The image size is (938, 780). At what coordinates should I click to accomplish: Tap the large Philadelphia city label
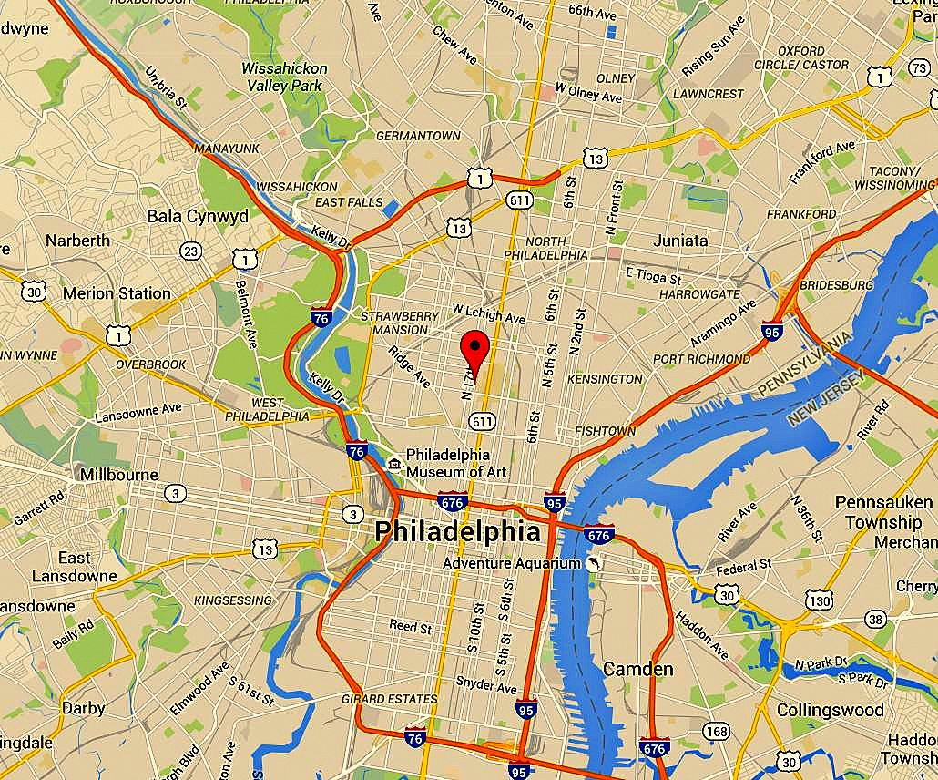(457, 531)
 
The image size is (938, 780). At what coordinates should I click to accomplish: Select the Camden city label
(638, 670)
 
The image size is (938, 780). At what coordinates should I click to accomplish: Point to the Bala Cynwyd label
(197, 217)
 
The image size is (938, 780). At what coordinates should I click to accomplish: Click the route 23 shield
(191, 251)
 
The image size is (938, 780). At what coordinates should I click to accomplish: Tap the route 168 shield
(717, 731)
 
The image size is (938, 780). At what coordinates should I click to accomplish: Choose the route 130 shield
(820, 600)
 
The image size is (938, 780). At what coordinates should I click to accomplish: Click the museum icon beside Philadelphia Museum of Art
(393, 464)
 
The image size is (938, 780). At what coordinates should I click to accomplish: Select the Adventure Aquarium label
(511, 563)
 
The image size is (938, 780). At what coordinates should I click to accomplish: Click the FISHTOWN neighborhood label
(605, 431)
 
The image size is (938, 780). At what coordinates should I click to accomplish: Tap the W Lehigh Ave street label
(489, 318)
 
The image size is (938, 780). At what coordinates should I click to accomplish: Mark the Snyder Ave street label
(485, 683)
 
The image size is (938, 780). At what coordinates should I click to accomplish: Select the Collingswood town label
(830, 709)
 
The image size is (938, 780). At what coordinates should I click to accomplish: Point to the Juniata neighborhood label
(680, 241)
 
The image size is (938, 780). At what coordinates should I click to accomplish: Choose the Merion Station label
(117, 293)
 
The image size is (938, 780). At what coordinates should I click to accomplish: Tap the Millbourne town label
(119, 475)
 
